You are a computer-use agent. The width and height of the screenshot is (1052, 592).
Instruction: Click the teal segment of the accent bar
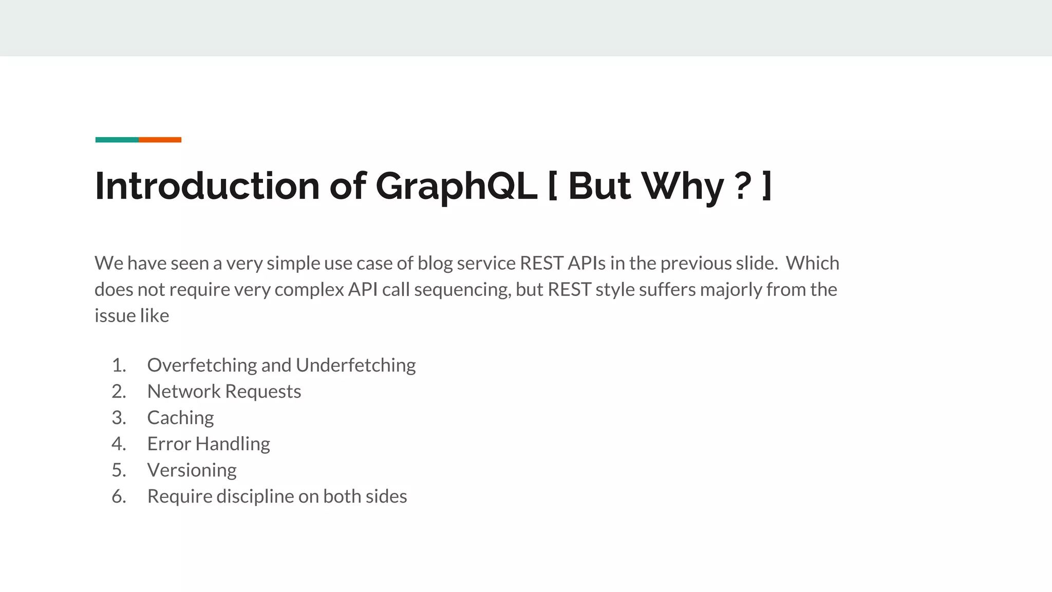click(117, 140)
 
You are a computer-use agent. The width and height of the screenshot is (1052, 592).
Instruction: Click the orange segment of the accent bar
click(160, 140)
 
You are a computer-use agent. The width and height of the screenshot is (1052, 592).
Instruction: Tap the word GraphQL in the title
click(456, 186)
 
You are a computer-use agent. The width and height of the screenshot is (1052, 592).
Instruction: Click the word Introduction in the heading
click(207, 186)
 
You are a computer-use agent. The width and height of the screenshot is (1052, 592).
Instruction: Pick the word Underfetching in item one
click(355, 365)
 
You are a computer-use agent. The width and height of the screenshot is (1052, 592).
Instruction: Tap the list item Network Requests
click(224, 392)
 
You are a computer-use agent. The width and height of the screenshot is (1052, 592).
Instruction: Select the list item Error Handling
click(209, 444)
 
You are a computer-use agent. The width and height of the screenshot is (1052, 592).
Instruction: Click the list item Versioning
click(192, 470)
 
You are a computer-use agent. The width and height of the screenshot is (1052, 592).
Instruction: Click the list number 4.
click(119, 444)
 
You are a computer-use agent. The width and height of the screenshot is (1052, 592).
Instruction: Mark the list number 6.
click(119, 496)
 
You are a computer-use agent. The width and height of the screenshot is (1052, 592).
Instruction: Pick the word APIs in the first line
click(587, 263)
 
